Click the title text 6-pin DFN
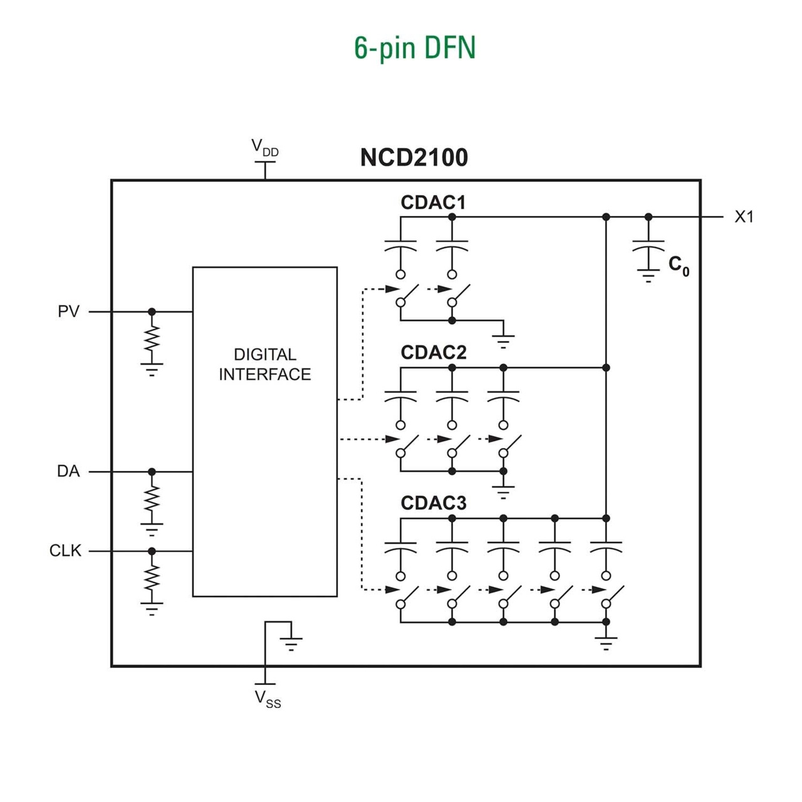[415, 48]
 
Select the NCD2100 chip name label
[414, 157]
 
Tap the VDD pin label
[264, 148]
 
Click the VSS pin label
[268, 699]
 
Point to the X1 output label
[744, 217]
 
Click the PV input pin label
[68, 311]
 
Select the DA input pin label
[68, 471]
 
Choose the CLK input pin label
[65, 551]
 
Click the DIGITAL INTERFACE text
[264, 364]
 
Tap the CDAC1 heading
[433, 202]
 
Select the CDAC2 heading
[433, 353]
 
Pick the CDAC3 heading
[433, 503]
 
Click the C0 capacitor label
[679, 266]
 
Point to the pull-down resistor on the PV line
[152, 340]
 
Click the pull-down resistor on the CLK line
[152, 579]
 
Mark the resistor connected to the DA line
[152, 499]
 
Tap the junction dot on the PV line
[152, 311]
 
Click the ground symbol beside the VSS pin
[291, 643]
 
